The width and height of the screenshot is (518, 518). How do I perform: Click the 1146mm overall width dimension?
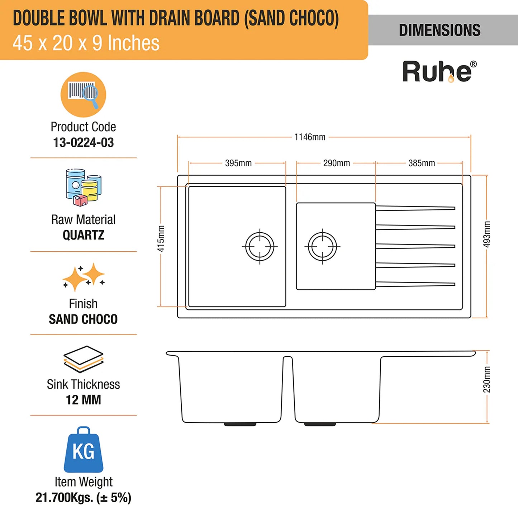tap(310, 137)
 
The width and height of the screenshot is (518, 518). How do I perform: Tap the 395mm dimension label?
tap(238, 163)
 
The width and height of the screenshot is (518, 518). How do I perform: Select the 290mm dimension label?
tap(337, 163)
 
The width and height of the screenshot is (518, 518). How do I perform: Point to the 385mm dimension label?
tap(422, 163)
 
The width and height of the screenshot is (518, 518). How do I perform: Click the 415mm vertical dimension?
tap(161, 238)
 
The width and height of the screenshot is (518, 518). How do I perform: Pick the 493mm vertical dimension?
tap(487, 234)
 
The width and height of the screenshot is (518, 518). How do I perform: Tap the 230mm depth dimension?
tap(487, 379)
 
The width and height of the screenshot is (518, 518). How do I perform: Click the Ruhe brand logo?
tap(439, 72)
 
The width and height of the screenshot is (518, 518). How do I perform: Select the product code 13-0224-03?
tap(83, 142)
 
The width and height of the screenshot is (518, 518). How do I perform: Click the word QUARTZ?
tap(83, 235)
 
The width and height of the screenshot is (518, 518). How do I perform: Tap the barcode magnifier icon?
tap(83, 94)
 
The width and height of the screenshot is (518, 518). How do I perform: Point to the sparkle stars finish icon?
tap(84, 277)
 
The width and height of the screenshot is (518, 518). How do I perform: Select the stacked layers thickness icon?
tap(83, 359)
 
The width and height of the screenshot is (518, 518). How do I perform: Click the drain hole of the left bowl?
tap(260, 246)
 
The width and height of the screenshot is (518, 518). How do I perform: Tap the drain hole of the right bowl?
tap(322, 246)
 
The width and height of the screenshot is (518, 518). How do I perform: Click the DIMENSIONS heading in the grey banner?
tap(439, 30)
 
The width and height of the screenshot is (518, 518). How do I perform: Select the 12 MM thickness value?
tap(83, 400)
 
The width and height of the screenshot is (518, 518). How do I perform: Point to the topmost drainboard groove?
tap(415, 208)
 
